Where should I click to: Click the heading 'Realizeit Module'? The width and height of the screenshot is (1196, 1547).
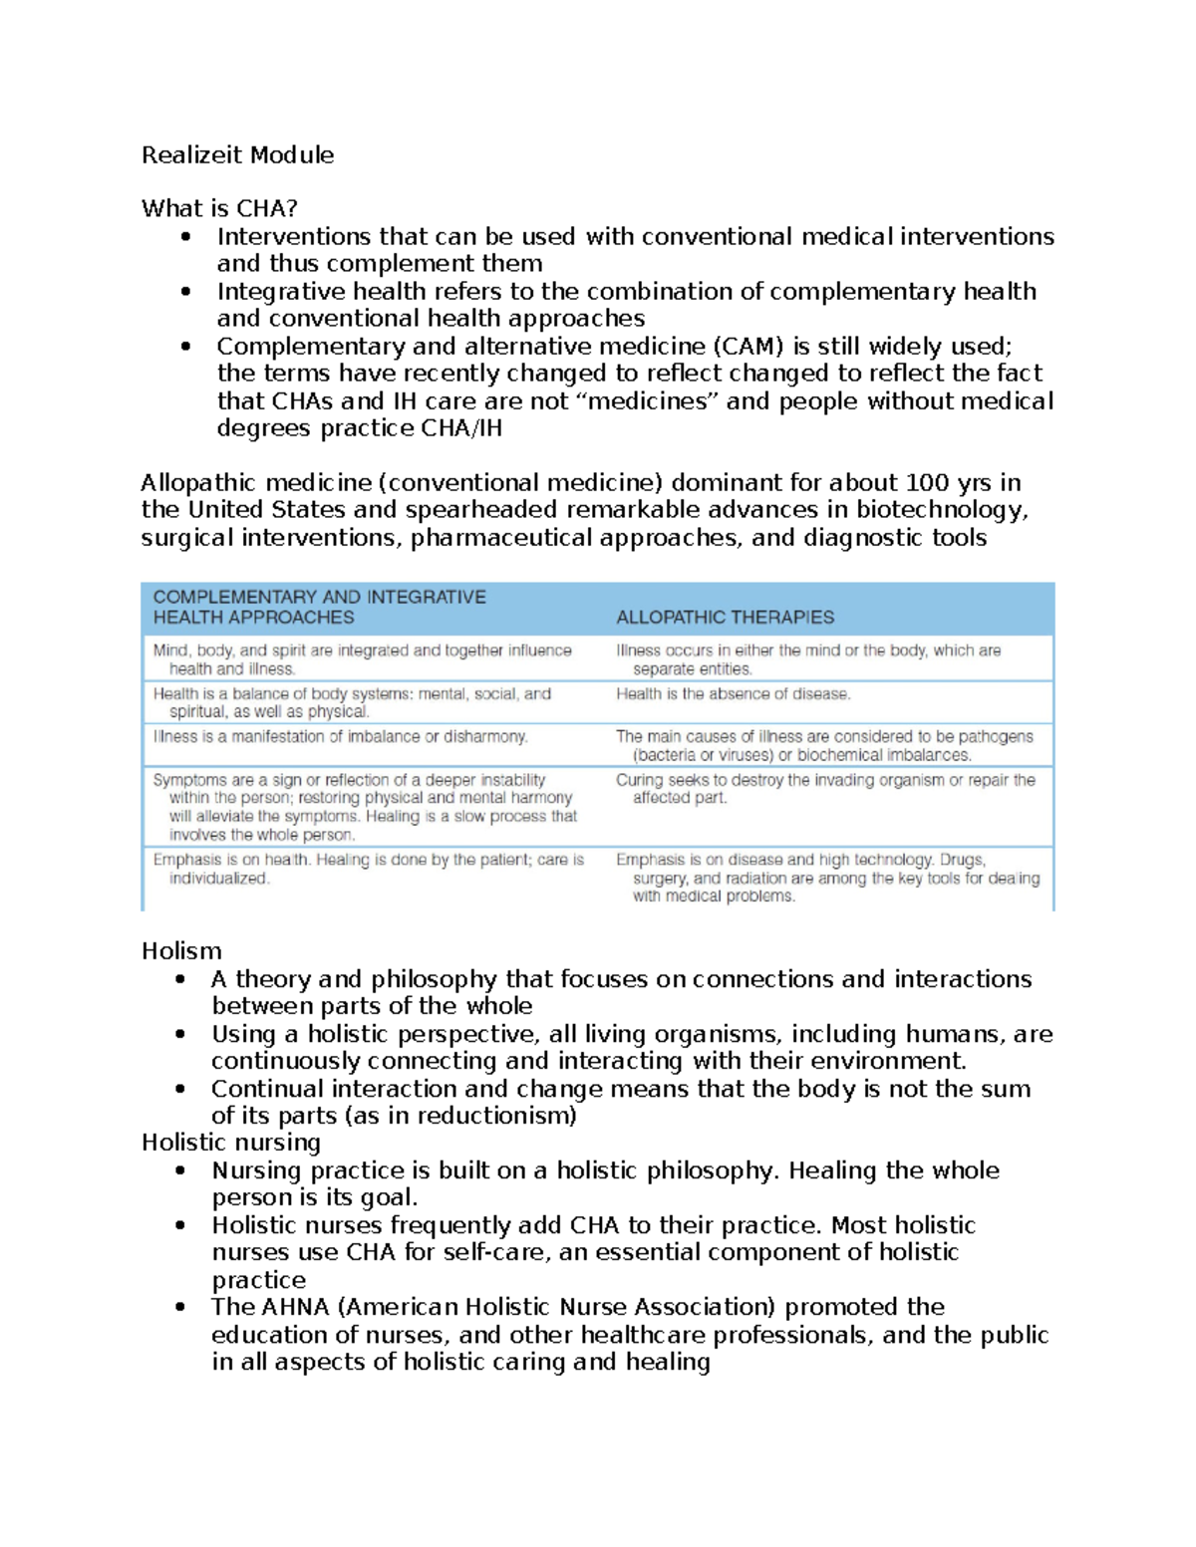237,155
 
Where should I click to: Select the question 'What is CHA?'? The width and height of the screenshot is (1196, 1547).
219,208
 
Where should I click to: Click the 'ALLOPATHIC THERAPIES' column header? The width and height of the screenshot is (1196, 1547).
725,618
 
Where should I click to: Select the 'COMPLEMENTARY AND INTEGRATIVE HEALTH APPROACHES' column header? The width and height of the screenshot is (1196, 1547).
319,608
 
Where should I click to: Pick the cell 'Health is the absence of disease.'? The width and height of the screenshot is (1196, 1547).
733,694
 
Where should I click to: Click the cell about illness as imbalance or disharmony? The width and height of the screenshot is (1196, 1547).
340,737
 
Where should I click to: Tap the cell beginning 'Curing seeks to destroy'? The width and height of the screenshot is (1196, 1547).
824,789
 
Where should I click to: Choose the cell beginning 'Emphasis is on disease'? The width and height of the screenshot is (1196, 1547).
826,878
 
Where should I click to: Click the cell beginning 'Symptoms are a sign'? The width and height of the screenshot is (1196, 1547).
365,807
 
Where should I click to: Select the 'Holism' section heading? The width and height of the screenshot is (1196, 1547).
181,951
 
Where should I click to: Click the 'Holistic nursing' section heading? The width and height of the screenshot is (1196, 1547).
231,1143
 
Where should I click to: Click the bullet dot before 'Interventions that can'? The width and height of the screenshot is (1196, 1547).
185,237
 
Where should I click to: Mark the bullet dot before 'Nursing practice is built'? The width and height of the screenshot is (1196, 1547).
180,1170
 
